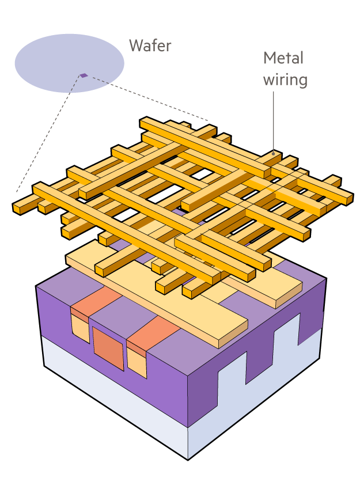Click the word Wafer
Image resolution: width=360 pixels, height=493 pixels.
pos(150,45)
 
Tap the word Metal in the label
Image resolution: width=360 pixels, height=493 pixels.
pos(283,58)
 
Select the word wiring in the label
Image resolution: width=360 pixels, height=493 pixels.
pos(285,79)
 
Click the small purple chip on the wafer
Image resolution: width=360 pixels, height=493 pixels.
pos(84,75)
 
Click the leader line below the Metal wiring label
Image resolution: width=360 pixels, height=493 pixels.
pos(272,121)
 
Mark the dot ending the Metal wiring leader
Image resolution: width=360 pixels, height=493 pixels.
pos(272,154)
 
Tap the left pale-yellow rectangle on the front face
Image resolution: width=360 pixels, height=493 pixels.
pos(80,327)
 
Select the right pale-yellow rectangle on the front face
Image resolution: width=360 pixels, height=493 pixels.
pos(137,363)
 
